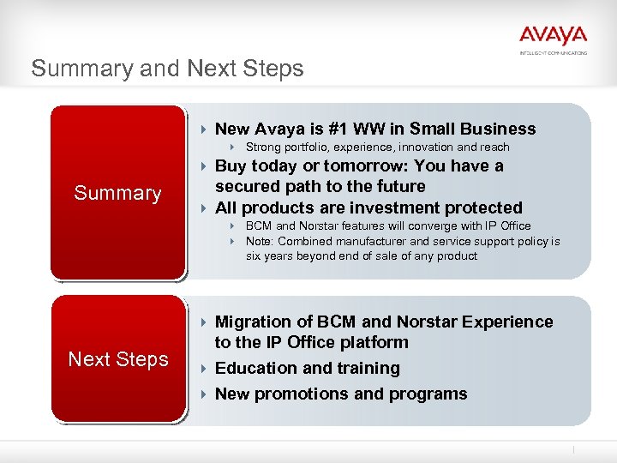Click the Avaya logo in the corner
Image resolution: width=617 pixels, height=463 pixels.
[553, 38]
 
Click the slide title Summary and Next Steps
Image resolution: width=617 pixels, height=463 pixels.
[167, 69]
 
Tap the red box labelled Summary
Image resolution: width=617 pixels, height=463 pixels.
[117, 193]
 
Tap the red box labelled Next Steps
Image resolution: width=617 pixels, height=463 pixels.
[117, 359]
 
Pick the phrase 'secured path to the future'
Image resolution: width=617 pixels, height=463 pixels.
[320, 186]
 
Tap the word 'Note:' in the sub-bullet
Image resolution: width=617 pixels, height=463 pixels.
[261, 241]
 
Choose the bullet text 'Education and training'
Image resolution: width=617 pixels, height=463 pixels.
[307, 368]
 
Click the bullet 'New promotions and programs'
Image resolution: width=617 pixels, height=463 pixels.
[340, 394]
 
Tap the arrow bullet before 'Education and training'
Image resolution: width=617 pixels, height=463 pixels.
[203, 369]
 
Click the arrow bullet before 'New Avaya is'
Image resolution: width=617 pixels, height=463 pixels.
[203, 129]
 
